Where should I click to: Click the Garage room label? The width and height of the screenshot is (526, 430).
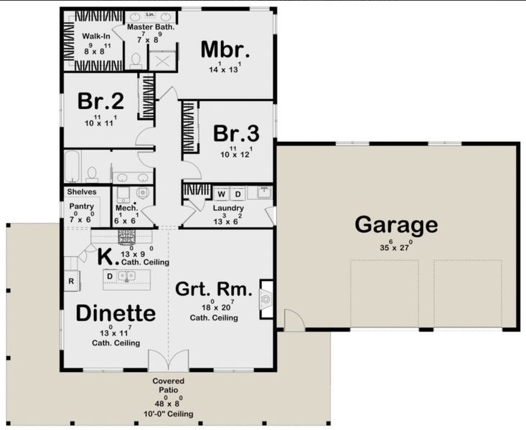395,224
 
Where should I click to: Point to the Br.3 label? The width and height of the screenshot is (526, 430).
235,133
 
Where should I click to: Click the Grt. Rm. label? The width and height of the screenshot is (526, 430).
213,290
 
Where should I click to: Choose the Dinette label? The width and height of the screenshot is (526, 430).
116,313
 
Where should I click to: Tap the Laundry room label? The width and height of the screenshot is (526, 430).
228,209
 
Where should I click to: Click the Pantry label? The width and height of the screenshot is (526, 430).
81,206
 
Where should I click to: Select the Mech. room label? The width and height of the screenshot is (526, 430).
126,209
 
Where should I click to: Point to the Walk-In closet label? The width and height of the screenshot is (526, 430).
95,36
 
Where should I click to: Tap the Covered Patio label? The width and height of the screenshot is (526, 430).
168,386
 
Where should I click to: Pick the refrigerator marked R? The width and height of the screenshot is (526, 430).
71,282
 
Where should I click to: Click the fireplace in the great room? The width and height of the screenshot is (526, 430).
266,296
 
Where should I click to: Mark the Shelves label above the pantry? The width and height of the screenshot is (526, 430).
81,192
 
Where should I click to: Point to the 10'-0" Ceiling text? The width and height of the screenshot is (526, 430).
168,415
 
